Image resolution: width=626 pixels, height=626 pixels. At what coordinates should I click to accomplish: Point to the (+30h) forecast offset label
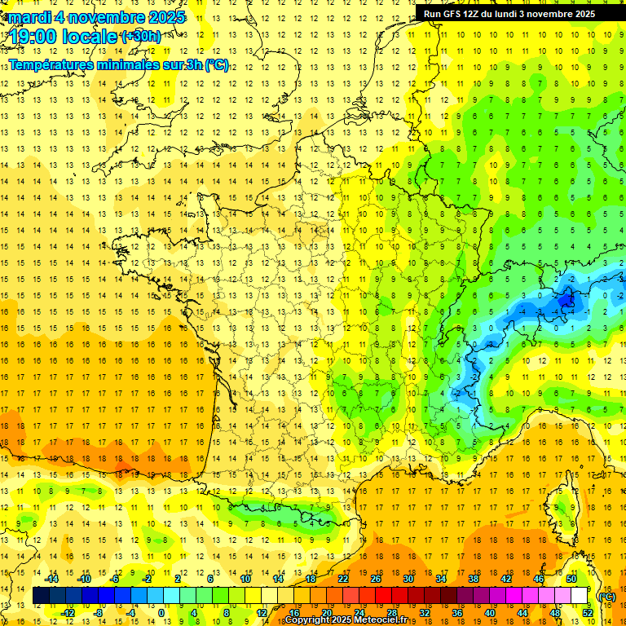click(140, 36)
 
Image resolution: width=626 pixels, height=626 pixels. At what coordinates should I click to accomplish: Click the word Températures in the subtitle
click(56, 64)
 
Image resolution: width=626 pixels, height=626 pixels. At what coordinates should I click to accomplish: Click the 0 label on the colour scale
click(162, 613)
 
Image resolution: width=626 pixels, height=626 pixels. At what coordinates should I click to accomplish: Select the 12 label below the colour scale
click(261, 613)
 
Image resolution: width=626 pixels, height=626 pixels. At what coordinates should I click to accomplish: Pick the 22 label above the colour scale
click(343, 579)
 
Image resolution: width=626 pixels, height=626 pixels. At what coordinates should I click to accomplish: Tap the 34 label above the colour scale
click(441, 579)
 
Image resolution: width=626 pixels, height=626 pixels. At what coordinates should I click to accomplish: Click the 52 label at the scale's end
click(588, 613)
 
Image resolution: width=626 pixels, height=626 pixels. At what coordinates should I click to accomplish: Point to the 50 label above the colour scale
click(571, 579)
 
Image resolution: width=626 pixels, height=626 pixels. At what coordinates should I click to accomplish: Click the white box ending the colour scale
click(580, 596)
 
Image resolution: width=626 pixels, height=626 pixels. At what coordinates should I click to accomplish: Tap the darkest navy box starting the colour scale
click(41, 596)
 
